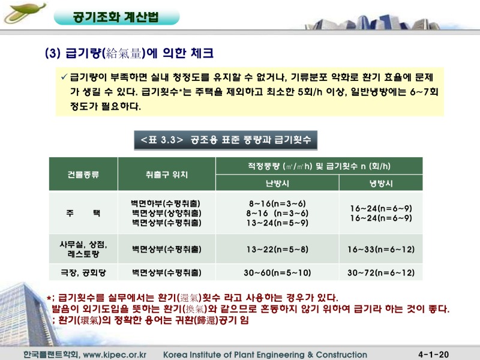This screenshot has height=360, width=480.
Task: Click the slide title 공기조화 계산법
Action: (x=115, y=17)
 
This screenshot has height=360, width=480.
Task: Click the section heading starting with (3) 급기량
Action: (x=129, y=53)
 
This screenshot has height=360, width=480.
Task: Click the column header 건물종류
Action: (x=83, y=175)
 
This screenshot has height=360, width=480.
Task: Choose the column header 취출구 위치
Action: (x=166, y=175)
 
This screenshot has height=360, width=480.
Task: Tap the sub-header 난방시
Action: (x=277, y=183)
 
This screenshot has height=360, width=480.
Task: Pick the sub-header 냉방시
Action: (x=380, y=183)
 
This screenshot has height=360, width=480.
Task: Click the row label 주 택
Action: (x=83, y=212)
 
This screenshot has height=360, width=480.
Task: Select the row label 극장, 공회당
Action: (x=83, y=272)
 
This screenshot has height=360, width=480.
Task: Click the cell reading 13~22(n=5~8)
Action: (x=277, y=249)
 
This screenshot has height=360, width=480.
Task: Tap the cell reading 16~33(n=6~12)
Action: (x=380, y=249)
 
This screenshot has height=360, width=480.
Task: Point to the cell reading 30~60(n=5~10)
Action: (x=277, y=272)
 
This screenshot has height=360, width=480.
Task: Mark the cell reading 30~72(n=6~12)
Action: (x=380, y=272)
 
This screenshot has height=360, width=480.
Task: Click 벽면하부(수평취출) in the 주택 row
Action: (x=166, y=203)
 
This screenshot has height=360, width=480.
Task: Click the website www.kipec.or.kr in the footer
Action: (x=115, y=355)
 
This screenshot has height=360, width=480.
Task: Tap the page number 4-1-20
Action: (x=437, y=355)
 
